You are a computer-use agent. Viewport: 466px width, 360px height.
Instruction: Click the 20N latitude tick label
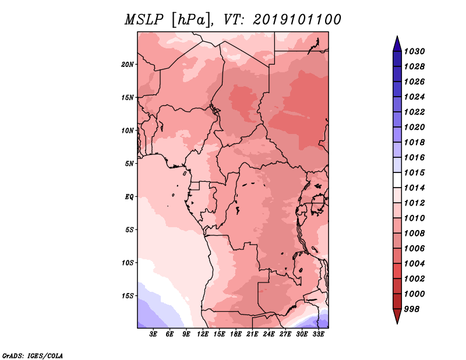(128, 65)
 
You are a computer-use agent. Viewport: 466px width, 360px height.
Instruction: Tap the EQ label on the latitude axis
(129, 197)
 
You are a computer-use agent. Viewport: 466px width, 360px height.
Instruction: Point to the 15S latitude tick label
(128, 296)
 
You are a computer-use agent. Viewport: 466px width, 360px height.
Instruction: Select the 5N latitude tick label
(129, 164)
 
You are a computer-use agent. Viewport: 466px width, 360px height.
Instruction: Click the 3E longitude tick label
(153, 334)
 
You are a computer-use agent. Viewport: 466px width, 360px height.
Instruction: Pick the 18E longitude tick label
(236, 334)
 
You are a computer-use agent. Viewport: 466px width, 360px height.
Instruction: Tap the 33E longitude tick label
(318, 334)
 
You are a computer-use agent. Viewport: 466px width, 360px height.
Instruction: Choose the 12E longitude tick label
(203, 334)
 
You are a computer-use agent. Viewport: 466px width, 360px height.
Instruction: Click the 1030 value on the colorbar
(414, 51)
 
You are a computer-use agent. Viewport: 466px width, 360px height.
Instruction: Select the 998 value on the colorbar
(412, 309)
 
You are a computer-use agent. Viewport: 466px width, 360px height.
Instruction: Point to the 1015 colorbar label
(414, 172)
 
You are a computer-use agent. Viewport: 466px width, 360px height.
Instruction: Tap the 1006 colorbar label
(414, 249)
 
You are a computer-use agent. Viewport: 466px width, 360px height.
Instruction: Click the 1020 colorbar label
(414, 127)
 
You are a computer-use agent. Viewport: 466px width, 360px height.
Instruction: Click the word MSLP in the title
(144, 20)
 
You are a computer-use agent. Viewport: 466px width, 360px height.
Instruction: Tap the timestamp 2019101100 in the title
(297, 20)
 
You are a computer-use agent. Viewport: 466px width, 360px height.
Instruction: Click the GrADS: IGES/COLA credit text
(33, 356)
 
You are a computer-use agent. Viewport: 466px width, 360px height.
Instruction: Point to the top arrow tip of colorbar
(397, 36)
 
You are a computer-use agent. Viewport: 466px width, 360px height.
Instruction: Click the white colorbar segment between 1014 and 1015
(397, 180)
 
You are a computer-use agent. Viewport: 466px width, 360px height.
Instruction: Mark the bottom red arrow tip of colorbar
(397, 324)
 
